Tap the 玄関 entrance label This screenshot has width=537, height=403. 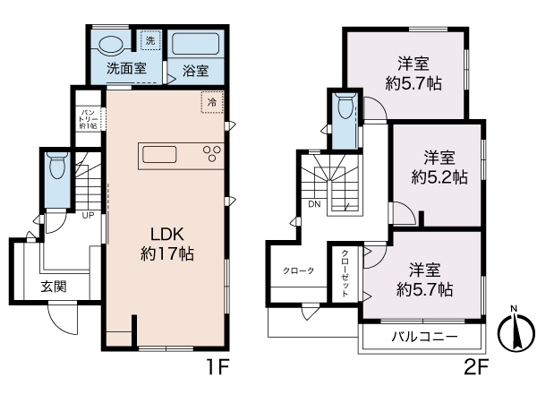53,287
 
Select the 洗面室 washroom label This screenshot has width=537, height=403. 127,68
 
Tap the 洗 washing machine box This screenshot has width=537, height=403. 150,42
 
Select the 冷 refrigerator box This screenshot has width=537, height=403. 212,103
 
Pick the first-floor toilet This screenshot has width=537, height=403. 57,167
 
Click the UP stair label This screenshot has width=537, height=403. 88,215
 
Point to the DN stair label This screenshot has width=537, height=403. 314,203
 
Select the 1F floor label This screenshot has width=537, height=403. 219,367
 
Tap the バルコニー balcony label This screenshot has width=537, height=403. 424,337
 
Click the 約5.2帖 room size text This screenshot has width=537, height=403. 439,177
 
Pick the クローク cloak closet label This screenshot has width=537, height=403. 298,270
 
